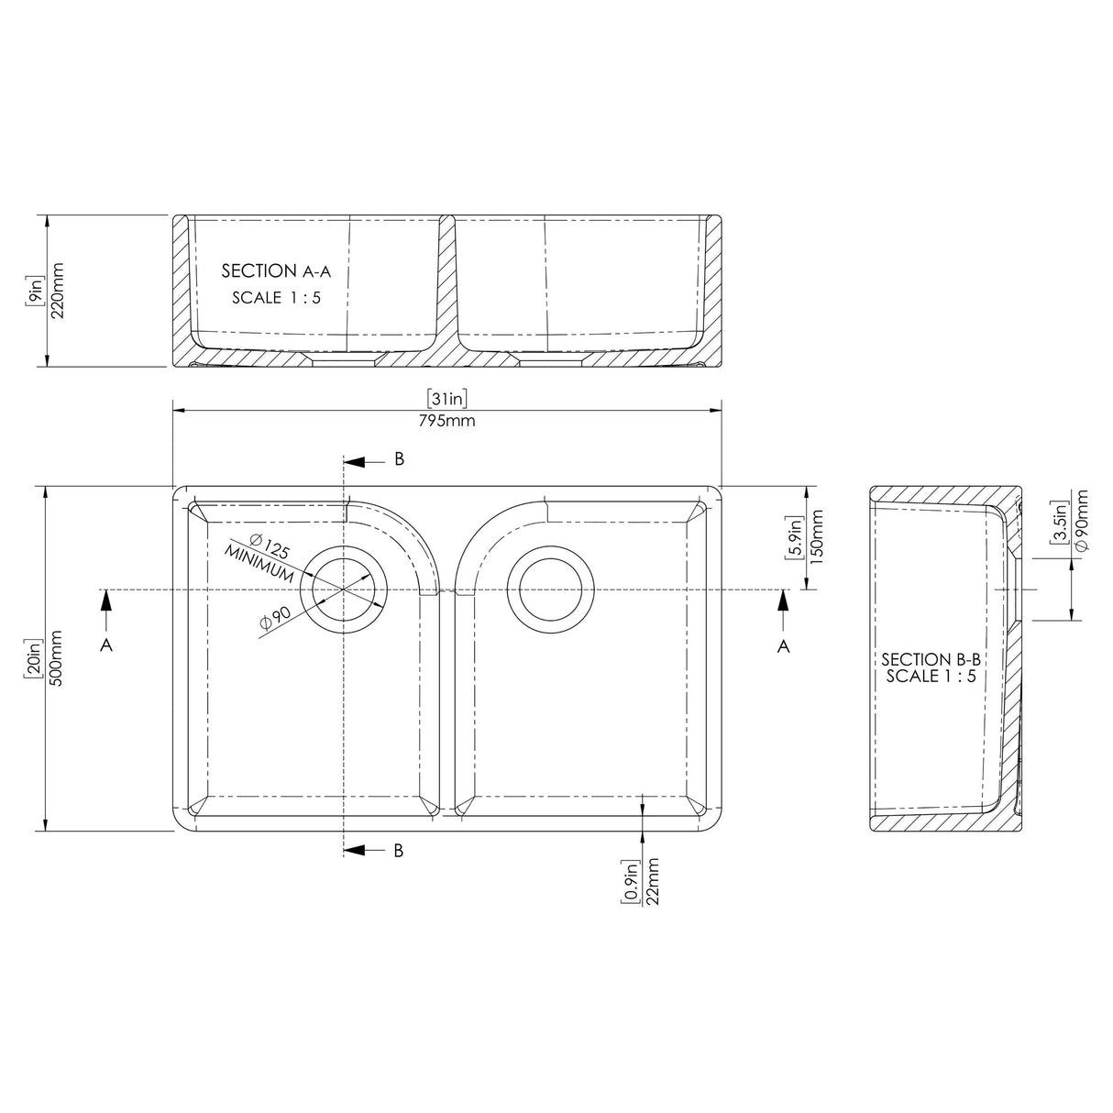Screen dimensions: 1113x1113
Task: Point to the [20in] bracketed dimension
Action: [x=35, y=658]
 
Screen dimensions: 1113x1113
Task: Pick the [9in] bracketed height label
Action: [x=35, y=291]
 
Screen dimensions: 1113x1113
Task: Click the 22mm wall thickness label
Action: [x=652, y=882]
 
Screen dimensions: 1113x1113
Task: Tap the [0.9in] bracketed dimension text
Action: [x=631, y=882]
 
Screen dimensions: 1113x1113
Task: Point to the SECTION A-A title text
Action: [x=276, y=271]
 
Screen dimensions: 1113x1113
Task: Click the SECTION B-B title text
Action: [x=929, y=659]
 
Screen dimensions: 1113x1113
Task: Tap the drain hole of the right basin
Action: [x=546, y=588]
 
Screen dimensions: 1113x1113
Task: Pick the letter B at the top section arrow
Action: [x=399, y=459]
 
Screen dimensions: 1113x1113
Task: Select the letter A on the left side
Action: [x=106, y=645]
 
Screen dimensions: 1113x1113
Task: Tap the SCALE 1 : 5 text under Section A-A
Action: [x=276, y=298]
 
